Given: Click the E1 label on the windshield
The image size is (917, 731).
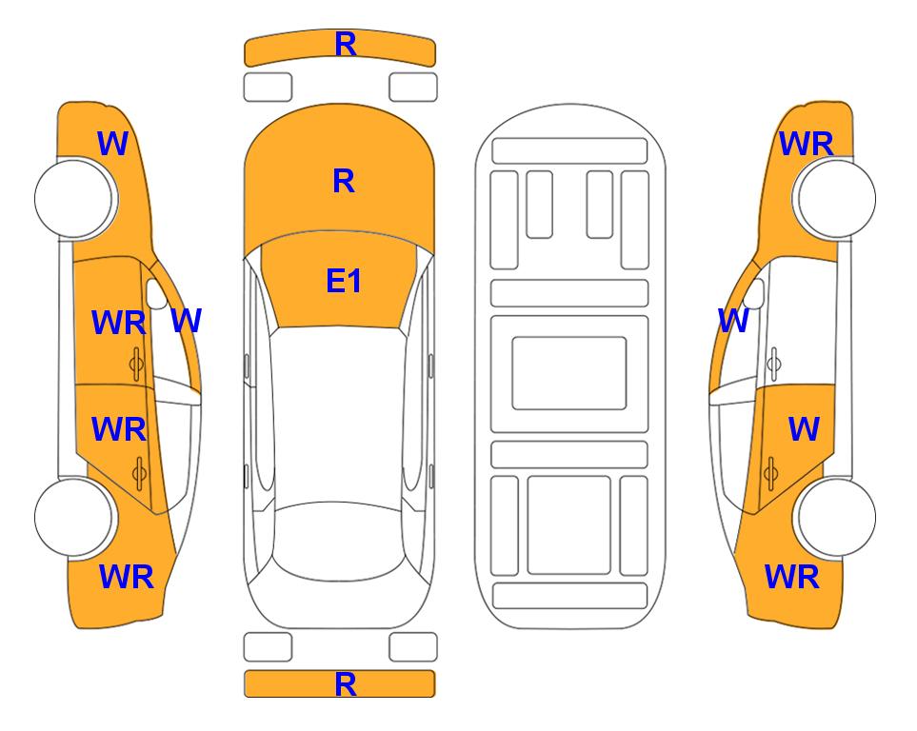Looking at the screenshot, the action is coord(344,281).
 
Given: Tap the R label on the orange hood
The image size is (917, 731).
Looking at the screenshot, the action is coord(344,181).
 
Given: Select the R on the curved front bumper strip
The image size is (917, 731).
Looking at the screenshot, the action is coord(346,45).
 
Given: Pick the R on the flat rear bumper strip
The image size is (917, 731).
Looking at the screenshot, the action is coord(346,684).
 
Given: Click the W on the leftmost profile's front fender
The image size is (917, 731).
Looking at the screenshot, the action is coord(112,144).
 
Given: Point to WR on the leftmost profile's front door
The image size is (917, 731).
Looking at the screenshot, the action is coord(119,323).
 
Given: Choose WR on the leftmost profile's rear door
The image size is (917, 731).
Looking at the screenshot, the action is coord(119,429).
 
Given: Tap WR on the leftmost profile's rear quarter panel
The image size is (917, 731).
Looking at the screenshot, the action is coord(127,577).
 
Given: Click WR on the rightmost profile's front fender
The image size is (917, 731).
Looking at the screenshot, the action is coord(806,144).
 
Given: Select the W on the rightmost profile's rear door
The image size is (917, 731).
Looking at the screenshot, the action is coord(804,429).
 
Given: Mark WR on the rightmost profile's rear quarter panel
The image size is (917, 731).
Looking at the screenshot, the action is coord(792,577).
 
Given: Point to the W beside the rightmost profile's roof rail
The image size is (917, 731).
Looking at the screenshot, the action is coord(733,321).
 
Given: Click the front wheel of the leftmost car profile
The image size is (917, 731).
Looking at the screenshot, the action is coord(74,198).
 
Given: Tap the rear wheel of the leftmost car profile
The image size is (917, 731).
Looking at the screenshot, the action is coord(74,517).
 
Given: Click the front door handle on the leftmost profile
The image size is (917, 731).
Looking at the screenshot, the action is coord(137,365).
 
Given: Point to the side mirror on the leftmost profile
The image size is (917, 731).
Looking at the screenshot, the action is coord(155,294).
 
